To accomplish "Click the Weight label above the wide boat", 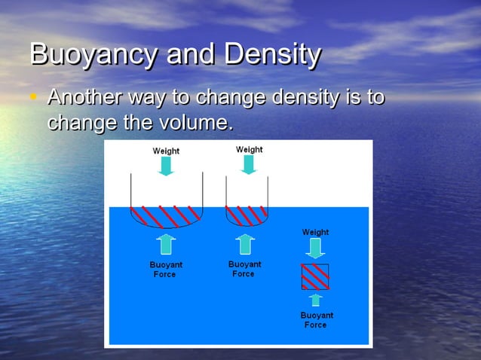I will point(166,151).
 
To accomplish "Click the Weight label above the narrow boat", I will point(249,149).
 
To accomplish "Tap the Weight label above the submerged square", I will point(315,232).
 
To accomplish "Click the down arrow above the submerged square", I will point(315,248).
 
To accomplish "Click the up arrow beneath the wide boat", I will point(166,244).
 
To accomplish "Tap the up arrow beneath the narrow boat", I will point(244,244).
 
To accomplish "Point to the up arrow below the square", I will point(315,300).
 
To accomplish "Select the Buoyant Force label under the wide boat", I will point(165,270).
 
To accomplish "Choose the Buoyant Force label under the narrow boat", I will point(244,269).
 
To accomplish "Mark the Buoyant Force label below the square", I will point(316,319).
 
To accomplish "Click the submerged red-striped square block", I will point(315,277).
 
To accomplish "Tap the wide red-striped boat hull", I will point(166,216).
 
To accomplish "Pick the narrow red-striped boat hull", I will point(247,216).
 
